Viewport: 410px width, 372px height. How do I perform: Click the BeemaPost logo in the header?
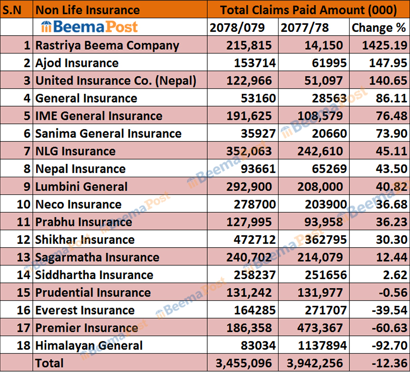pos(89,27)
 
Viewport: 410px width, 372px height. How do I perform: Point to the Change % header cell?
pos(379,28)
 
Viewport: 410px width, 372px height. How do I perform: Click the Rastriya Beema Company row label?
pos(107,46)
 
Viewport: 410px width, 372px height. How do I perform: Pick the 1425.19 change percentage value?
pos(384,46)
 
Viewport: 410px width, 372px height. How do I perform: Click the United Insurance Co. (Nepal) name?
pos(116,81)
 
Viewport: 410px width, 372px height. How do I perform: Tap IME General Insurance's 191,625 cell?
pos(250,116)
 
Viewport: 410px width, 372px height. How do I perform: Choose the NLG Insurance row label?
pos(75,151)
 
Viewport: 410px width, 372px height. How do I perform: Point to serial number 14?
pos(22,275)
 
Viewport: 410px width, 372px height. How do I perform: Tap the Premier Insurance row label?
pos(87,328)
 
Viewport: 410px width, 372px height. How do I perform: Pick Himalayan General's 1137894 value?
pos(319,345)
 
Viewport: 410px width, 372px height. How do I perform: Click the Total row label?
pos(50,363)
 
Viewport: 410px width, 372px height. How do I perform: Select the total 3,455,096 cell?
pos(243,363)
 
